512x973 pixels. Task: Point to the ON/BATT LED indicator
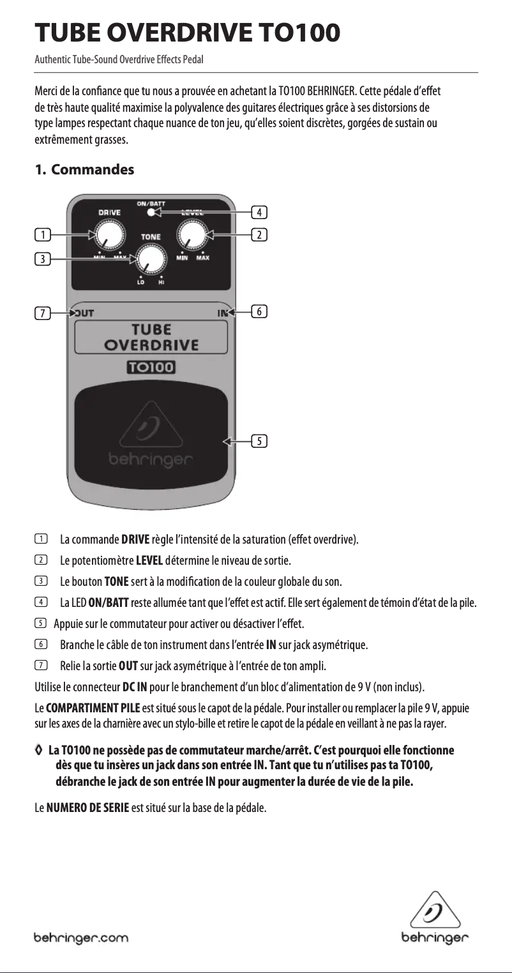[x=150, y=212]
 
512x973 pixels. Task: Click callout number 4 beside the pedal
[x=259, y=211]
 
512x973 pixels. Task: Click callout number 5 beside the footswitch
[x=259, y=441]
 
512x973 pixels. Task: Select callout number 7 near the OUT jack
[x=42, y=313]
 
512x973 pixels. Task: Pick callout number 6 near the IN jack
[x=259, y=312]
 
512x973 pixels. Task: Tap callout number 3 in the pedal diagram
[x=42, y=259]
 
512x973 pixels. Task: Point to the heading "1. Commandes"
[x=84, y=170]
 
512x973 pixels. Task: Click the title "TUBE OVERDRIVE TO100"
[x=186, y=33]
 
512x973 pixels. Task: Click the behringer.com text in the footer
[x=81, y=939]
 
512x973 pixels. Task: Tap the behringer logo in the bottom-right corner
[x=435, y=918]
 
